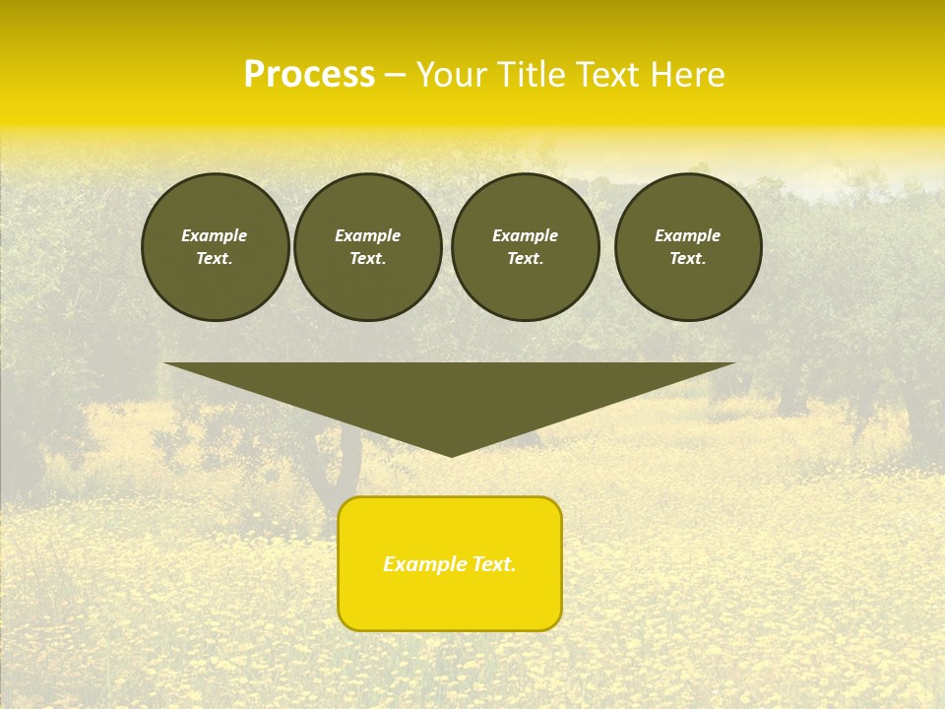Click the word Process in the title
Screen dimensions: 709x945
pos(309,75)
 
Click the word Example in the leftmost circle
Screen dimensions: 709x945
pos(215,235)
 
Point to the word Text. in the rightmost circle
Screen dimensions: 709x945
pos(688,259)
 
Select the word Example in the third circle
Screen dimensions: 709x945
pos(525,235)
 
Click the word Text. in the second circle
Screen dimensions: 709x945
pos(368,259)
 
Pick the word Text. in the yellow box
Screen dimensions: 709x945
pos(494,564)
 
